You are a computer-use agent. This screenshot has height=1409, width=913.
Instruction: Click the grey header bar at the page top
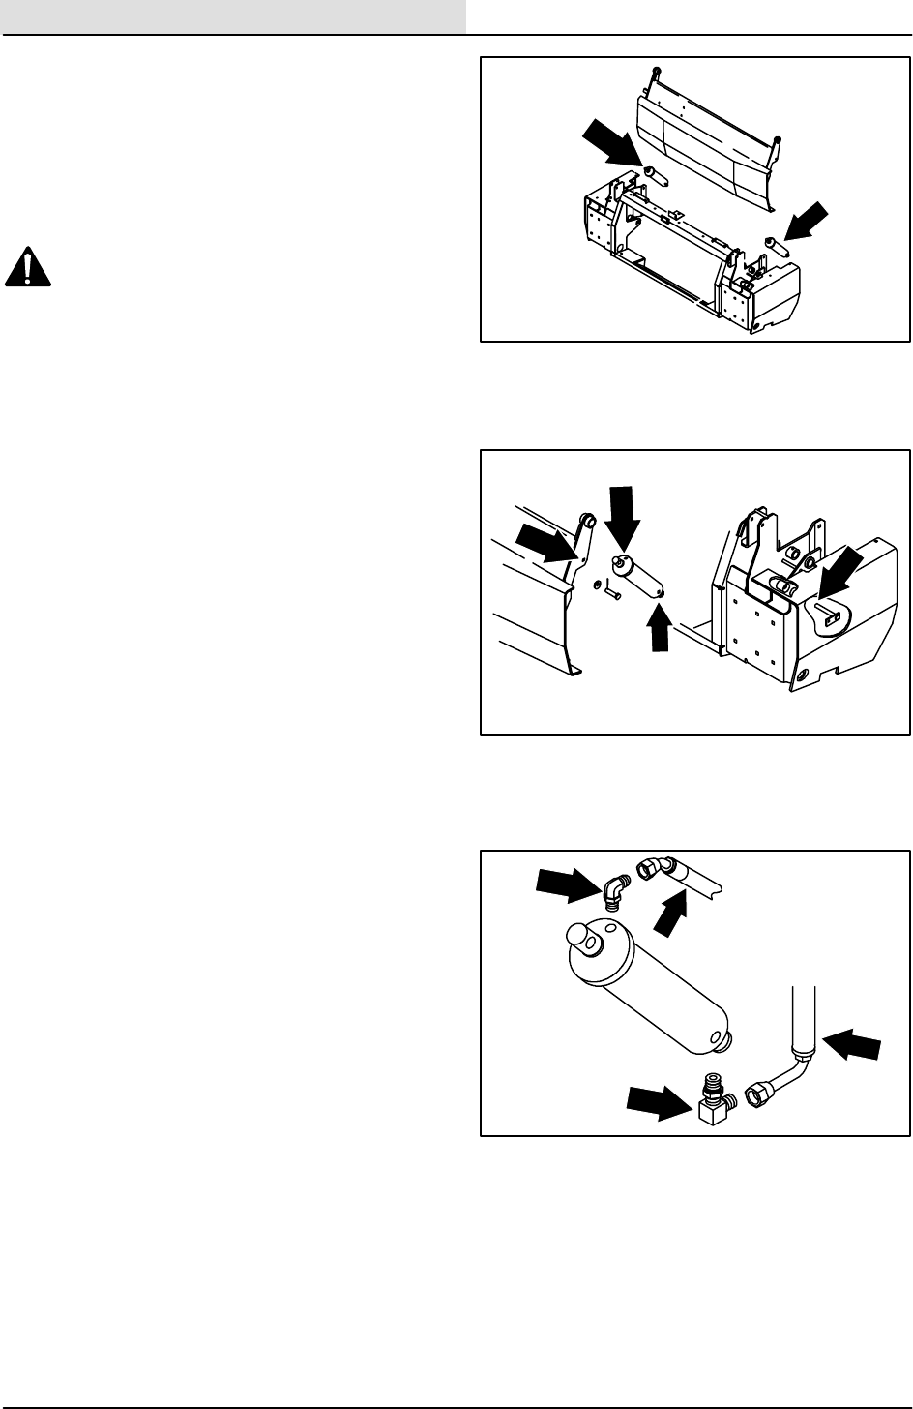[x=233, y=16]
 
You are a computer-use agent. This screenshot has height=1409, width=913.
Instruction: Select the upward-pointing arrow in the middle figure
[x=661, y=627]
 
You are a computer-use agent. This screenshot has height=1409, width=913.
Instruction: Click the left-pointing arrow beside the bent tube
[x=852, y=1046]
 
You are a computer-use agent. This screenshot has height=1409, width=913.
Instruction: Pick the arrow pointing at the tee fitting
[x=661, y=1100]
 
